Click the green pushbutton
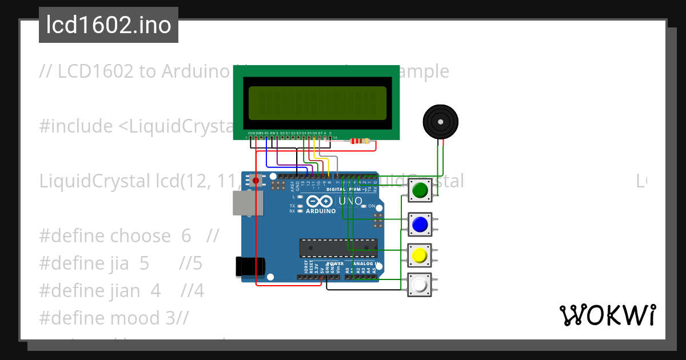[x=420, y=190]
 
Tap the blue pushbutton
[x=420, y=224]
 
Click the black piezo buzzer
[x=440, y=122]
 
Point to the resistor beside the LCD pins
[x=360, y=141]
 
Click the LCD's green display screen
[x=317, y=103]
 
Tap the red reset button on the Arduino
[x=256, y=181]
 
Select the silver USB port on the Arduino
[x=247, y=203]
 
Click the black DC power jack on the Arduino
[x=250, y=266]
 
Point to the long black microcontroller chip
[x=338, y=249]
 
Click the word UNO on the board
[x=350, y=202]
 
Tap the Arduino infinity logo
[x=320, y=202]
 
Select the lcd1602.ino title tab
[x=109, y=25]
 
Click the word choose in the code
[x=140, y=236]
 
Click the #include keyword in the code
[x=76, y=126]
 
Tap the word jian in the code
[x=125, y=291]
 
